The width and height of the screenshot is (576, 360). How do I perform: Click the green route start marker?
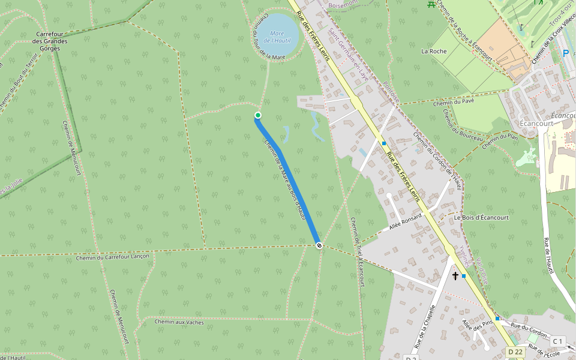click(x=258, y=115)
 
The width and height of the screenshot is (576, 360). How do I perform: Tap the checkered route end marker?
click(x=319, y=245)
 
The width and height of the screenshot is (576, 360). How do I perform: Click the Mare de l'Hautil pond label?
click(x=277, y=37)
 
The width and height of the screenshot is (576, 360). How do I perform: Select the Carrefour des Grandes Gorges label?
click(x=51, y=41)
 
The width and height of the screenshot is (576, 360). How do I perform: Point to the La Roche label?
click(x=434, y=51)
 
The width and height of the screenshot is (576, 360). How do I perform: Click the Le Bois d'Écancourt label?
click(x=481, y=217)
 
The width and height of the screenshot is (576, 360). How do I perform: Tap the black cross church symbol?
click(x=455, y=275)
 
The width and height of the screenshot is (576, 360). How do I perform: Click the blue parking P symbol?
click(x=565, y=53)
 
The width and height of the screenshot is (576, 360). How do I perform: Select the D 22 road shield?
click(x=515, y=352)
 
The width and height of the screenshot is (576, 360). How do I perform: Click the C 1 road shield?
click(x=558, y=341)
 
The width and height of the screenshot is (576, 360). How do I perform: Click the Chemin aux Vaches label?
click(x=179, y=322)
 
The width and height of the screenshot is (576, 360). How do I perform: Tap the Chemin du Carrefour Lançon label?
click(x=113, y=256)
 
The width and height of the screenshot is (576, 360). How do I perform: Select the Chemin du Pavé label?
click(x=454, y=102)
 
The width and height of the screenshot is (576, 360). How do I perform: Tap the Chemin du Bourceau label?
click(x=462, y=125)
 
